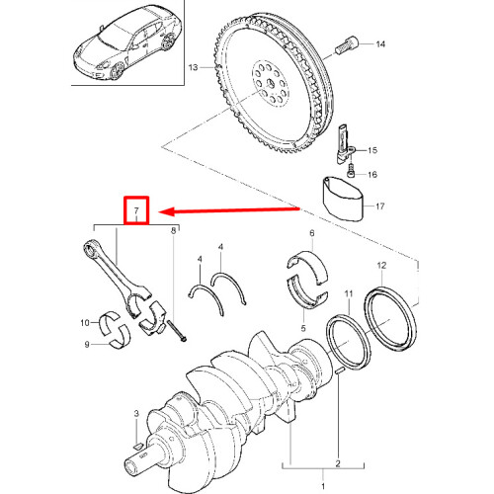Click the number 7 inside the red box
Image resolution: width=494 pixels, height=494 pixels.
coord(136,210)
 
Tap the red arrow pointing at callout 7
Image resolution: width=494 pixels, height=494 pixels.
coord(229,210)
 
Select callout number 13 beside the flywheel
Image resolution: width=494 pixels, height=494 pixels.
coord(193,67)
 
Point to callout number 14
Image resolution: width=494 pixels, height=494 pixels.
coord(380,43)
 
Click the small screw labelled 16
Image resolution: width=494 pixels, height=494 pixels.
coord(351,170)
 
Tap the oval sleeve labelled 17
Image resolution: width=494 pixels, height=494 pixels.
coord(343,199)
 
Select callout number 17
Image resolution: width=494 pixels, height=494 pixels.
coord(380,206)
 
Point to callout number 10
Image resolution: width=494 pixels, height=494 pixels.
coord(85,323)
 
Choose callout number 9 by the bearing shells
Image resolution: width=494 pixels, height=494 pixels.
coord(87,345)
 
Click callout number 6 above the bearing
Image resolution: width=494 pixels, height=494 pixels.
coord(312,233)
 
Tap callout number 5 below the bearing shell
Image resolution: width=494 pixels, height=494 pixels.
coord(303,328)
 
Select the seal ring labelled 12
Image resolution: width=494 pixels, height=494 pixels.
coord(391,317)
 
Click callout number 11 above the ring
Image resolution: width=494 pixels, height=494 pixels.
coord(349,293)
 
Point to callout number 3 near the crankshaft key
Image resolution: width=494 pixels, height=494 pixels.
coord(136,413)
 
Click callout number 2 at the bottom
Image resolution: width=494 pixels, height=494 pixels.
coord(338,463)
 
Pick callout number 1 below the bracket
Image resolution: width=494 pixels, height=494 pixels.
coord(323,486)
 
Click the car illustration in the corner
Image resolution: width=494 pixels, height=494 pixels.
coord(126,42)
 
